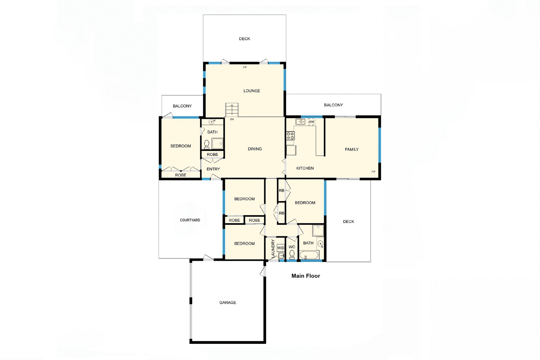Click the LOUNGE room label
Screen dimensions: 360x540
coord(252,91)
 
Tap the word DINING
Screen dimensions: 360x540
coord(255,149)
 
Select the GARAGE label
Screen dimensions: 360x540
coord(228,303)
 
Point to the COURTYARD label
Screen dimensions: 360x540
coord(190,220)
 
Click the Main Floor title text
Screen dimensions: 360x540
coord(306,276)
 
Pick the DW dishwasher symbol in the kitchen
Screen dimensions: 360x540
coord(312,122)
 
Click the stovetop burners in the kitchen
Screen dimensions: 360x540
coord(290,136)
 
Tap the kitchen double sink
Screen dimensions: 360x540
coord(300,121)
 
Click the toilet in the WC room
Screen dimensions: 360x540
coord(292,254)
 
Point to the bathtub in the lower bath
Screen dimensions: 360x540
coord(309,255)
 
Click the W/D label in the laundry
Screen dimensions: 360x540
coord(281,248)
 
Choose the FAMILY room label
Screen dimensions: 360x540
coord(352,149)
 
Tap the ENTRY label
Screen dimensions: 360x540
coord(213,169)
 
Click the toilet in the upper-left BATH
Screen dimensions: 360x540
coord(207,144)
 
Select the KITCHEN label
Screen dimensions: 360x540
coord(305,168)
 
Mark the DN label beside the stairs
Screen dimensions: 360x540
coord(232,119)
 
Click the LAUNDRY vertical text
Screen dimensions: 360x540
coord(273,249)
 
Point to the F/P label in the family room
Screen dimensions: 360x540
coord(373,172)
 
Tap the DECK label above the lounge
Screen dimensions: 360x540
coord(245,39)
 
